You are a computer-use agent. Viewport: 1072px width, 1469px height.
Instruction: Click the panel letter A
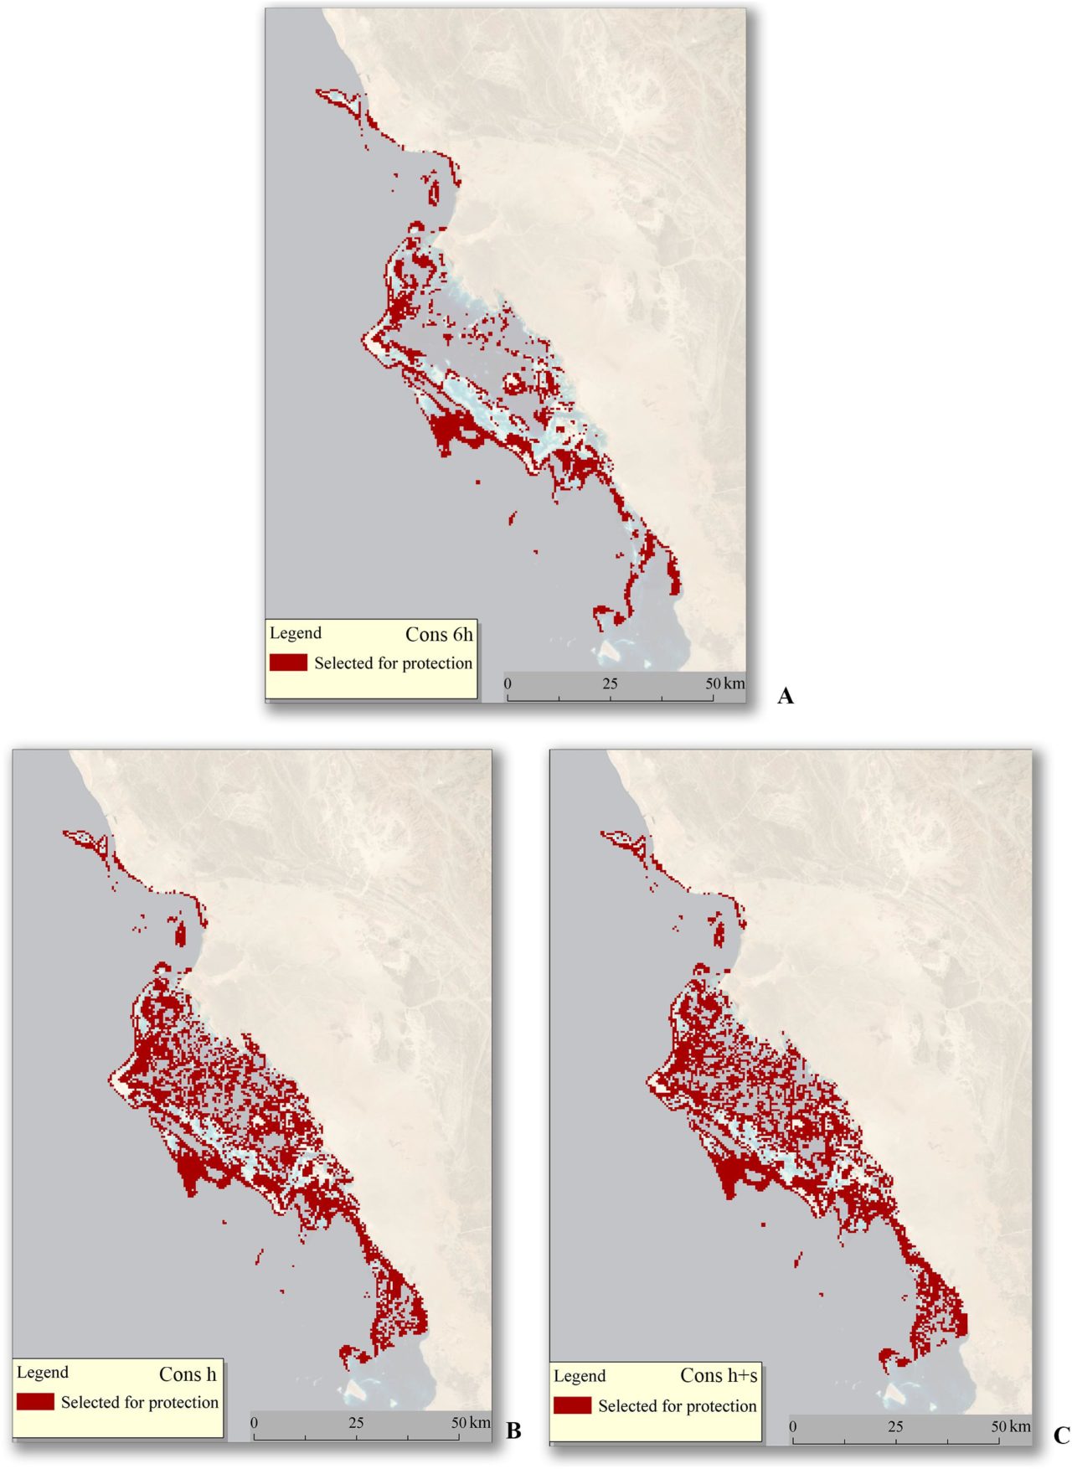tap(785, 695)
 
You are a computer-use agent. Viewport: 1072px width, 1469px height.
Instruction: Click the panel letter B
tap(513, 1430)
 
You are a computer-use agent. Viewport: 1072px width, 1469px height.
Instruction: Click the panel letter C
tap(1061, 1435)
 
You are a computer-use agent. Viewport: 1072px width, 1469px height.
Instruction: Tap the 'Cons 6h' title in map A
tap(439, 635)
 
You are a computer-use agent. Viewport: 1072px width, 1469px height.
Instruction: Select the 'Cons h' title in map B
tap(188, 1374)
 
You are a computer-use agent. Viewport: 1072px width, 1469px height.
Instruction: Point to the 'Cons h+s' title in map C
tap(719, 1375)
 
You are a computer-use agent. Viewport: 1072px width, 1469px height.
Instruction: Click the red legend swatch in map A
tap(288, 662)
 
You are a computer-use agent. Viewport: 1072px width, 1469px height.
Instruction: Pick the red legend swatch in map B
tap(35, 1402)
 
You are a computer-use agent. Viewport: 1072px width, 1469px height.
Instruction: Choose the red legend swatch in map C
tap(572, 1405)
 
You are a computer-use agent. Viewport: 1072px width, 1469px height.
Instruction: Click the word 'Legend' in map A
tap(296, 633)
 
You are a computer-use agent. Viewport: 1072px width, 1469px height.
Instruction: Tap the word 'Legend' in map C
tap(580, 1376)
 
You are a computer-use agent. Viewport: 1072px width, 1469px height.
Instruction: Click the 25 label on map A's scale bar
tap(610, 683)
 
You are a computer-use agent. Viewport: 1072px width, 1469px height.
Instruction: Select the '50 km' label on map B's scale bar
tap(471, 1422)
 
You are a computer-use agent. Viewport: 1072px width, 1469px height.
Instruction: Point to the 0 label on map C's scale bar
tap(792, 1426)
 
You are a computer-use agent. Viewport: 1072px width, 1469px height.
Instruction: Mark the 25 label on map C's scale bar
tap(895, 1426)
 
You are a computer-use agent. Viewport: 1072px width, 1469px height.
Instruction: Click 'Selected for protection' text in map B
tap(140, 1402)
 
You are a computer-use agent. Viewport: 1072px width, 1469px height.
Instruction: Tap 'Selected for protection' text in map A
tap(393, 663)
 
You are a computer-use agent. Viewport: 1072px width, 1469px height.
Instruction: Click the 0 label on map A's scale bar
tap(508, 683)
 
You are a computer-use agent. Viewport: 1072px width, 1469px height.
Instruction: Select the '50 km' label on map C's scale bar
tap(1010, 1426)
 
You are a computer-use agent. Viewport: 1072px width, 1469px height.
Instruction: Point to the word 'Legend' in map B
tap(43, 1373)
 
